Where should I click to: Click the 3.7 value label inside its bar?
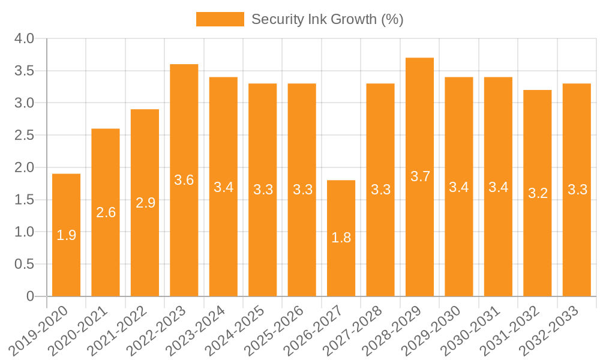420,176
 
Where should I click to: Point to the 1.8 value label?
341,238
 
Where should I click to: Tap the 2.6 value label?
106,212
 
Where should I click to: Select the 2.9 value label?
145,203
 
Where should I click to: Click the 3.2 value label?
538,193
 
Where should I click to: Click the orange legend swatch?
220,19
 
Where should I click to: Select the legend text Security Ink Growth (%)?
327,19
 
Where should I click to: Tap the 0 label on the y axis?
30,296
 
